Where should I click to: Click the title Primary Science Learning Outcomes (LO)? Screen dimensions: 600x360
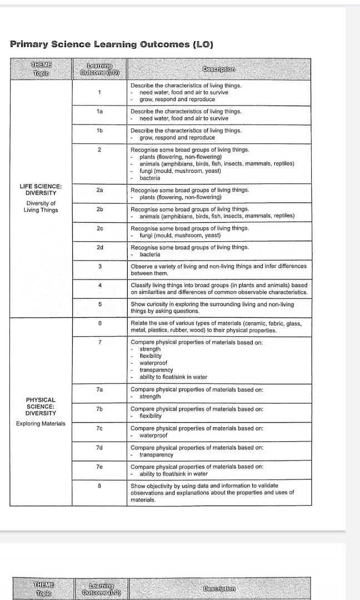click(112, 44)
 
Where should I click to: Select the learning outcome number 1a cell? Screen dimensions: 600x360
click(99, 112)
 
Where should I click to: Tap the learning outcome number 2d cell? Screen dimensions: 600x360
click(99, 247)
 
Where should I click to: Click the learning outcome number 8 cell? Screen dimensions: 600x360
click(99, 486)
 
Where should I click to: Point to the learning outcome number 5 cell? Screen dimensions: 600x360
click(99, 304)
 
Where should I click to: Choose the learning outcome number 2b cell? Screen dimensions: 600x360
click(99, 209)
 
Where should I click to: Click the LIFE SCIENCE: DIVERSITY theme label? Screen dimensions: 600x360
click(41, 189)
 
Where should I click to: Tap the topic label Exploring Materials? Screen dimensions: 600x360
click(41, 424)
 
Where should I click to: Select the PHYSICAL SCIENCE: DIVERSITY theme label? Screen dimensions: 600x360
click(41, 406)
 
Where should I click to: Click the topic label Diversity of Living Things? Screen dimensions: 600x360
click(41, 207)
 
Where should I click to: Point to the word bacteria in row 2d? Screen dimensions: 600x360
click(150, 254)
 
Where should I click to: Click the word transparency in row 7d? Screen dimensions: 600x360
click(156, 454)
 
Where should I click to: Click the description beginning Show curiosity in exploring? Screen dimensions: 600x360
click(212, 308)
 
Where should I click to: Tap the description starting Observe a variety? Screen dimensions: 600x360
click(218, 269)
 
